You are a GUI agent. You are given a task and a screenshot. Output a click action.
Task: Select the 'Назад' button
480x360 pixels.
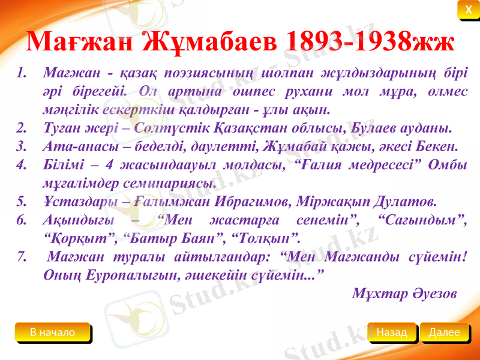392,332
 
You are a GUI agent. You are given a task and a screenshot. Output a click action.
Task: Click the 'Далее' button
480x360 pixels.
445,332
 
